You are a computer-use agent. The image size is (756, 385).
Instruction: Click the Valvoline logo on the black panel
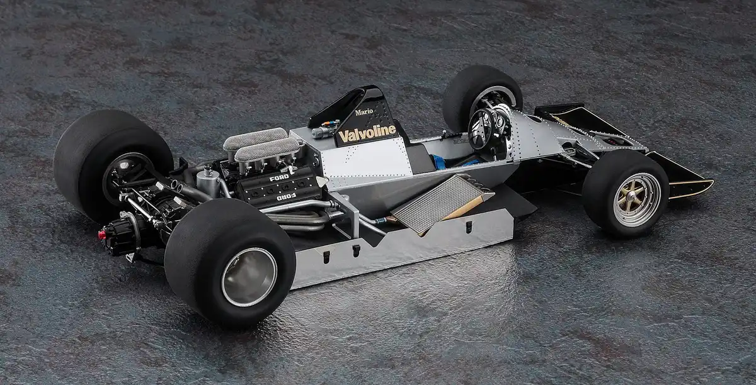[367, 133]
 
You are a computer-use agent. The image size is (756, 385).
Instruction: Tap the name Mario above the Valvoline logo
[364, 111]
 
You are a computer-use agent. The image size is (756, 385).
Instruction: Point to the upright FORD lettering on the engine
[279, 177]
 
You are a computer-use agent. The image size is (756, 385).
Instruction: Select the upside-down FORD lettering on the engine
[286, 197]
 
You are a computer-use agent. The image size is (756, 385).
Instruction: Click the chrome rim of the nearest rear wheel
[249, 277]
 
